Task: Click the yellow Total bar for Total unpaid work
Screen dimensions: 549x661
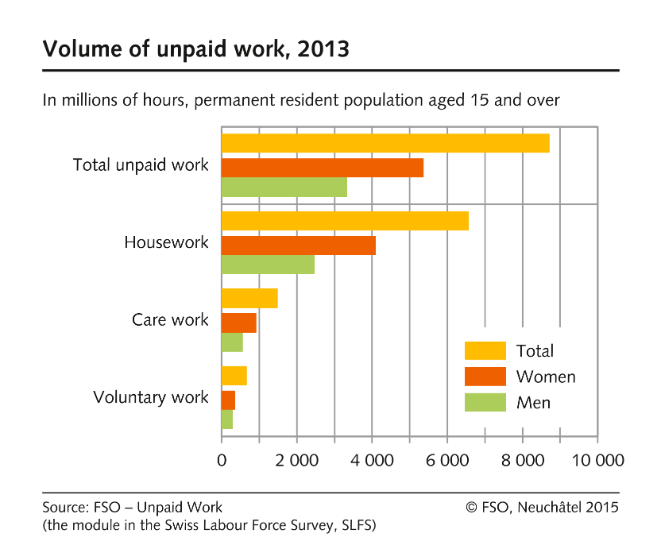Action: pos(385,143)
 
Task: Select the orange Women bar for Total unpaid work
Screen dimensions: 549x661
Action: pos(322,168)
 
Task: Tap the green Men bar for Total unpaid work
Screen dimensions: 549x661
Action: pos(284,187)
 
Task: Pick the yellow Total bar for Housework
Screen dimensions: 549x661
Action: pos(345,221)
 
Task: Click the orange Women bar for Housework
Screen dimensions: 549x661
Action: pos(298,246)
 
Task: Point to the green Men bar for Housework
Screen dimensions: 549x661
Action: pos(268,265)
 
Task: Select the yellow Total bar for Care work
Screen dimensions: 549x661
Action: pos(249,298)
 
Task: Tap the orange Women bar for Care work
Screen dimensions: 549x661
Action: pos(238,323)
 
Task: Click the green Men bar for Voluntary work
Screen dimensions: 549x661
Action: pos(227,419)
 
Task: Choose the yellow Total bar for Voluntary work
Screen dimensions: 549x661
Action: pos(234,376)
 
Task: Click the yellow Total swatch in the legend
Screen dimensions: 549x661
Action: pos(485,350)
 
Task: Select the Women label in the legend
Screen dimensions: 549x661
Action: pos(545,377)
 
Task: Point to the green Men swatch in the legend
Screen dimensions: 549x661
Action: pos(485,402)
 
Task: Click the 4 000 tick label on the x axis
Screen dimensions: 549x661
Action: pos(372,461)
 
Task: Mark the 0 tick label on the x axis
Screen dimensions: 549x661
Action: pos(222,461)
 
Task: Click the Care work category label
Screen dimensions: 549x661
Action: pos(170,320)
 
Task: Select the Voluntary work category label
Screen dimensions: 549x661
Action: pos(151,397)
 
